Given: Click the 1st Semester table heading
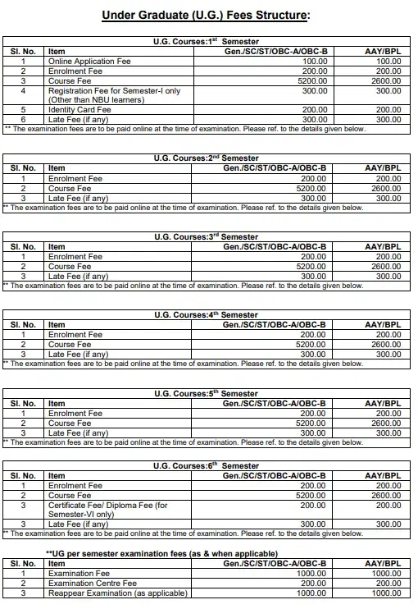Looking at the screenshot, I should [x=207, y=40].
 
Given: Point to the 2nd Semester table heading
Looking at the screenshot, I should [x=207, y=158].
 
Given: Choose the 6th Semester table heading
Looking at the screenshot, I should [x=207, y=465].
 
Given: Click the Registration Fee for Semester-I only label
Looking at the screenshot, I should [x=114, y=91].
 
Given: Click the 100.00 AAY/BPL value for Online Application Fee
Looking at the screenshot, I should [x=388, y=61].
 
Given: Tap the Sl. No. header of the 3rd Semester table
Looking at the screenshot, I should [x=23, y=246].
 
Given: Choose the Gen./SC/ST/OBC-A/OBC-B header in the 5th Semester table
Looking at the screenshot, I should [x=275, y=404].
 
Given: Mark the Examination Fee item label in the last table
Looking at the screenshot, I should [x=79, y=573].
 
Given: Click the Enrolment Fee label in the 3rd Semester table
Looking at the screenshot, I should [x=75, y=256].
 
